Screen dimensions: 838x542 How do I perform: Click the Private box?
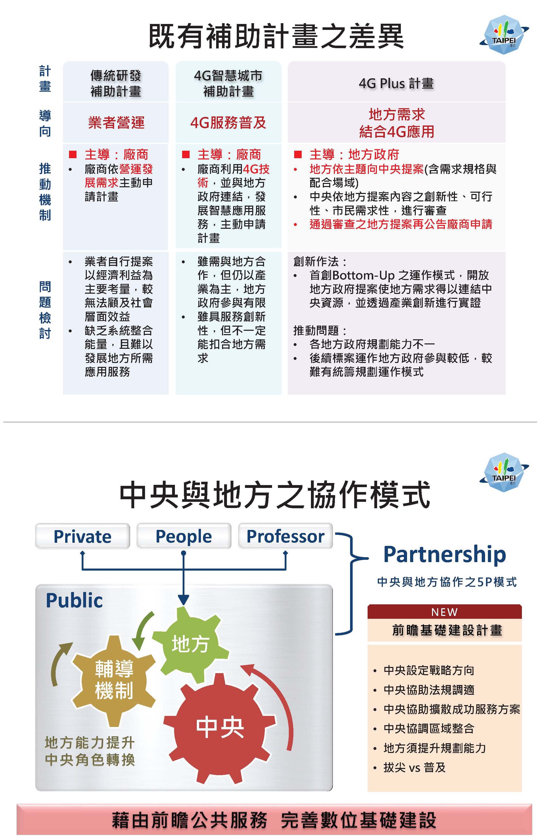pyautogui.click(x=82, y=536)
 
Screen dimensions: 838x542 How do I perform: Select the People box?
pyautogui.click(x=184, y=536)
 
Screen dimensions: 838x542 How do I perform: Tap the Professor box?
pyautogui.click(x=285, y=536)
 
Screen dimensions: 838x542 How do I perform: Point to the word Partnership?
pyautogui.click(x=445, y=555)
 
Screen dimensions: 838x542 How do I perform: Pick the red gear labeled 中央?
pyautogui.click(x=220, y=728)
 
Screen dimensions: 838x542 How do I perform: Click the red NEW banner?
pyautogui.click(x=445, y=612)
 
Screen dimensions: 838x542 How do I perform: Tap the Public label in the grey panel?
pyautogui.click(x=74, y=600)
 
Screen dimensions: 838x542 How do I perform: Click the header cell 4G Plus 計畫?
pyautogui.click(x=396, y=83)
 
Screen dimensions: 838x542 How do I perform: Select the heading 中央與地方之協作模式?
pyautogui.click(x=275, y=495)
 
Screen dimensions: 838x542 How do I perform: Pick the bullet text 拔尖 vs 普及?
pyautogui.click(x=414, y=767)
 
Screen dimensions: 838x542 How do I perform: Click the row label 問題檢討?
pyautogui.click(x=45, y=310)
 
